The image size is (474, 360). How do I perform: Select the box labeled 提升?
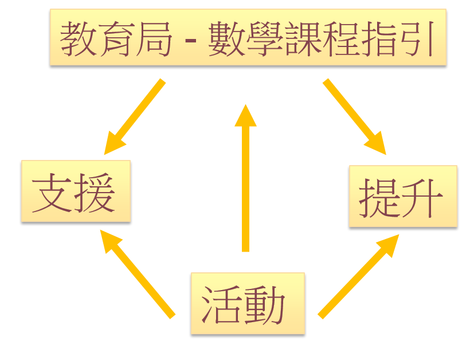[403, 198]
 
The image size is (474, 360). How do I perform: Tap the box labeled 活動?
[246, 304]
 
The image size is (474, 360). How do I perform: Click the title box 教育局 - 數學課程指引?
[248, 38]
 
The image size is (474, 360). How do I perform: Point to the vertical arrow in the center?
[246, 178]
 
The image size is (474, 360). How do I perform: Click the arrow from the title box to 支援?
[135, 116]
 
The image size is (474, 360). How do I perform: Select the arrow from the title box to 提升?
[354, 116]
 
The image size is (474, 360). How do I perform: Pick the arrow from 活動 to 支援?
[137, 272]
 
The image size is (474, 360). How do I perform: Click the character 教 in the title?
[79, 38]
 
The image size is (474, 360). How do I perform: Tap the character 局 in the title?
[154, 38]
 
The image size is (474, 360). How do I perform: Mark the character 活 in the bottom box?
[222, 304]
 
